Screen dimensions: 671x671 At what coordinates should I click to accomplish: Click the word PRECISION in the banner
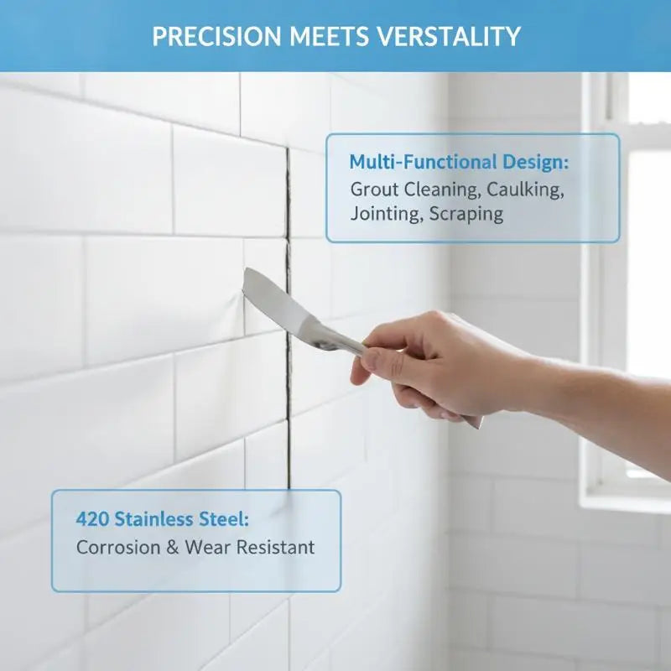pyautogui.click(x=216, y=36)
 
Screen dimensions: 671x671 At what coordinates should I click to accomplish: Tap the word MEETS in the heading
pyautogui.click(x=329, y=36)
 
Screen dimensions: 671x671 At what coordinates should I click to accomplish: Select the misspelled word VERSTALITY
pyautogui.click(x=449, y=36)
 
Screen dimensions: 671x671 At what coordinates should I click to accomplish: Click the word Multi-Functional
pyautogui.click(x=424, y=162)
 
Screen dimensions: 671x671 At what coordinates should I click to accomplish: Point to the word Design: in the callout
pyautogui.click(x=535, y=162)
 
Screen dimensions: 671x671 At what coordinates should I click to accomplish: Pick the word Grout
pyautogui.click(x=374, y=190)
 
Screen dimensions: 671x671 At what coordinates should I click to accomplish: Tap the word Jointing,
pyautogui.click(x=387, y=214)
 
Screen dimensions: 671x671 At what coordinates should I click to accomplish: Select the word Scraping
pyautogui.click(x=466, y=214)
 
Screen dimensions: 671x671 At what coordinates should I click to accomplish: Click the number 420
pyautogui.click(x=92, y=519)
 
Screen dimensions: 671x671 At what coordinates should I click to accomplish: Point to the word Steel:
pyautogui.click(x=223, y=519)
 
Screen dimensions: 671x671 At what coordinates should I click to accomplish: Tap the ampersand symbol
pyautogui.click(x=173, y=548)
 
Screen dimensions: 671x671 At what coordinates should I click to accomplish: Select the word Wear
pyautogui.click(x=207, y=548)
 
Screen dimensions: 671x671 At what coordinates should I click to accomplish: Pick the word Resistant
pyautogui.click(x=275, y=548)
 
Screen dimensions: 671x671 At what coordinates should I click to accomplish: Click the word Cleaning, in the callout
pyautogui.click(x=440, y=190)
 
